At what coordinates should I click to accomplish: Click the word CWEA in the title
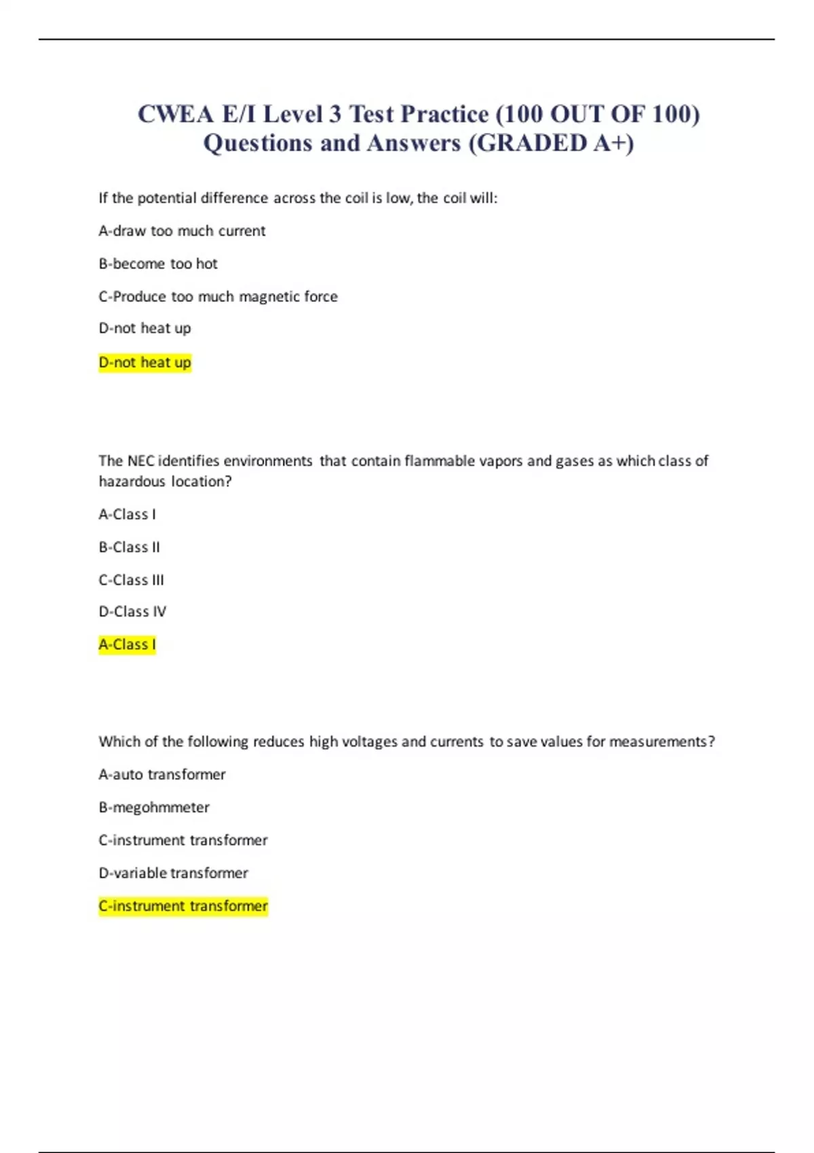[176, 114]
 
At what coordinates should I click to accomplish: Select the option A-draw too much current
[182, 231]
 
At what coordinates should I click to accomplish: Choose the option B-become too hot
[158, 263]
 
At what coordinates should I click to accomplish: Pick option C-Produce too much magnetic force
[218, 296]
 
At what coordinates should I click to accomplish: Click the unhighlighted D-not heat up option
[144, 328]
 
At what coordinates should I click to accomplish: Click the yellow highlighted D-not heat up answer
[144, 362]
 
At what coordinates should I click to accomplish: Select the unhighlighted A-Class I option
[127, 514]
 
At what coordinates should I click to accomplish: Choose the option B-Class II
[129, 547]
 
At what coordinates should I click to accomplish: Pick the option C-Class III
[131, 580]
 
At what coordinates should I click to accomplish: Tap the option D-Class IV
[132, 612]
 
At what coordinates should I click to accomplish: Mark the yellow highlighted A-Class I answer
[127, 644]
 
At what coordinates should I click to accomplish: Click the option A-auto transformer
[161, 775]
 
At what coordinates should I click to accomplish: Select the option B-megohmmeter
[154, 807]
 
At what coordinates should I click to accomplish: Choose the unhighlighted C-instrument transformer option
[183, 840]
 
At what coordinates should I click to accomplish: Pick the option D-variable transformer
[173, 873]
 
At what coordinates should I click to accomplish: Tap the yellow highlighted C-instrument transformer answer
[183, 906]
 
